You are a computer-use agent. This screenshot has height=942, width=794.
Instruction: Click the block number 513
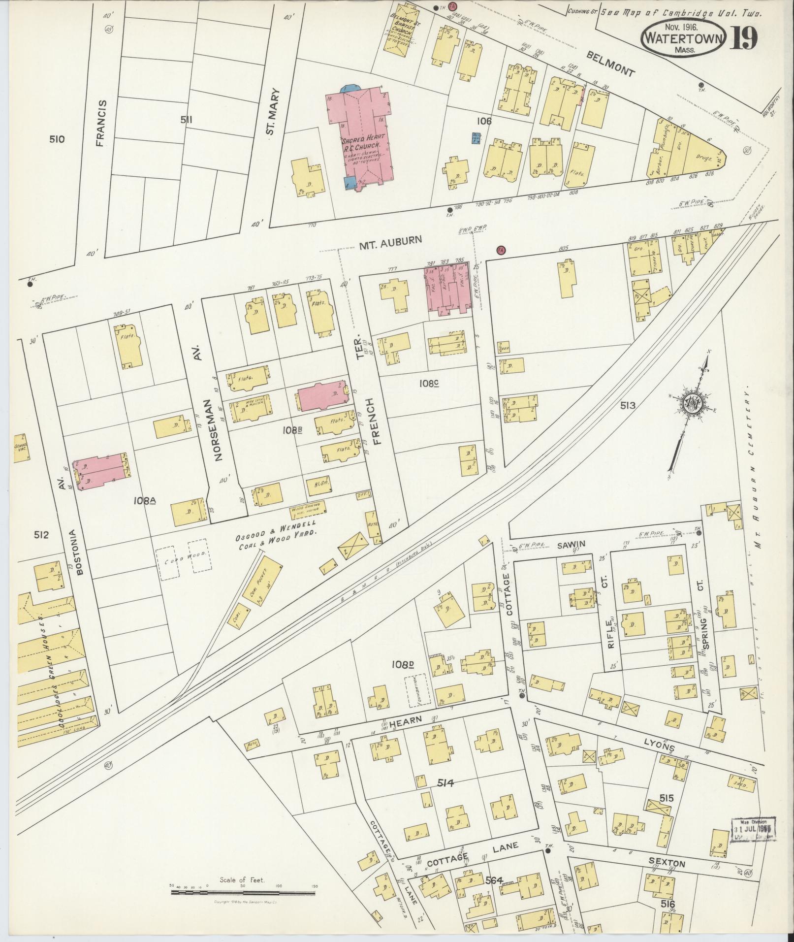[x=628, y=405]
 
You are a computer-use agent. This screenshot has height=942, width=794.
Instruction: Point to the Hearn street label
[x=406, y=720]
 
